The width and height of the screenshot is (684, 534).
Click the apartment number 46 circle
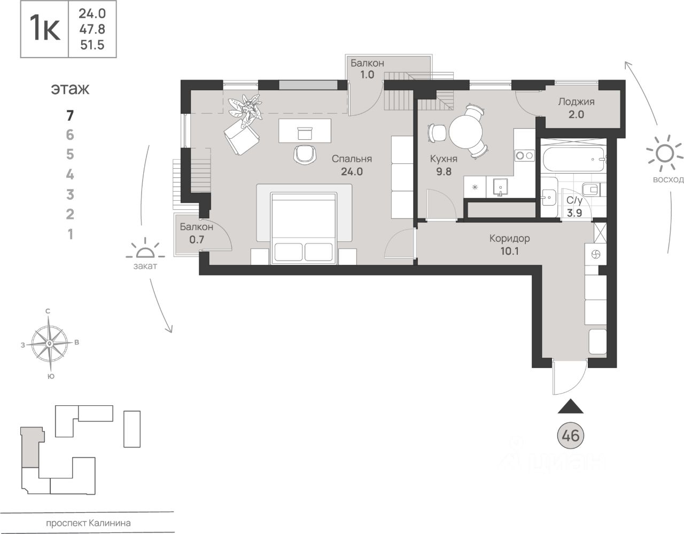(x=570, y=436)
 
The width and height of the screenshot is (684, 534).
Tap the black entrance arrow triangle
(x=570, y=406)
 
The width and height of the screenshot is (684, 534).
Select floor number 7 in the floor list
(x=70, y=115)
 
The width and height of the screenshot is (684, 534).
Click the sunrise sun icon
(x=664, y=153)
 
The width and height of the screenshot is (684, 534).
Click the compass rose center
(x=49, y=343)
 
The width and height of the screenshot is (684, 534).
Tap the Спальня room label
(x=352, y=159)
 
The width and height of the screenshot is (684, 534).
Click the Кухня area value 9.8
(x=444, y=171)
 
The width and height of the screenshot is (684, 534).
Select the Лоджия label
(x=577, y=102)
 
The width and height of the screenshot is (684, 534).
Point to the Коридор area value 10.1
(x=510, y=252)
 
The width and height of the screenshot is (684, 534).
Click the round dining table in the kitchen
(x=466, y=132)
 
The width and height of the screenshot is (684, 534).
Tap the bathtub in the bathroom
(x=573, y=160)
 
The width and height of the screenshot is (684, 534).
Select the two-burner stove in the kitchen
(x=524, y=155)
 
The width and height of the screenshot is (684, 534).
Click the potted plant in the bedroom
(x=245, y=110)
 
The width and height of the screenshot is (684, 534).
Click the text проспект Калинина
(x=89, y=523)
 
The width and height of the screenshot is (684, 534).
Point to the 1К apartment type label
(x=45, y=29)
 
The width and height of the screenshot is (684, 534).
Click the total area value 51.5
(x=92, y=45)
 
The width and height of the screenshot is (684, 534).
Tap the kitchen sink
(x=500, y=187)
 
